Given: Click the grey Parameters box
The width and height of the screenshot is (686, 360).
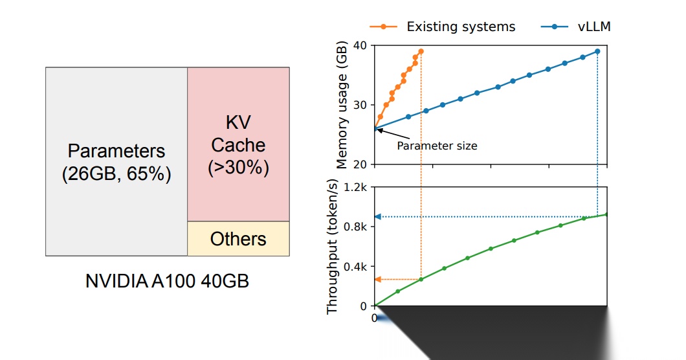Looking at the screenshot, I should point(116,162).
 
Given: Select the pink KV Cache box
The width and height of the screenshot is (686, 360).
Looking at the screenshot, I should point(238,144).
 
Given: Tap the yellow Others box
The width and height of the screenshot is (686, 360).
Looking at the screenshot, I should point(238,239).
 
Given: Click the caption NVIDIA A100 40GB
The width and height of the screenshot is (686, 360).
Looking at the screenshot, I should point(167,282).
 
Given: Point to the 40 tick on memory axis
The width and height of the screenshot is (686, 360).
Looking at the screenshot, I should point(360,45).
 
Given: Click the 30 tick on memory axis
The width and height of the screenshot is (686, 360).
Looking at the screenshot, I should point(360,105).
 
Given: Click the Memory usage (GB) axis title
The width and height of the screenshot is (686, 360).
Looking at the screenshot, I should point(342,104).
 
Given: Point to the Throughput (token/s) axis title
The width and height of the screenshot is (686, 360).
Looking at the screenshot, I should point(333,247).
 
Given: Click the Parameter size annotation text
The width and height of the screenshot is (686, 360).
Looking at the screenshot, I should point(437,146).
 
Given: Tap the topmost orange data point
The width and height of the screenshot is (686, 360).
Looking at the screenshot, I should point(421,51).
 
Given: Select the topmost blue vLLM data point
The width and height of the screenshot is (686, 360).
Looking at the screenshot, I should point(597,51).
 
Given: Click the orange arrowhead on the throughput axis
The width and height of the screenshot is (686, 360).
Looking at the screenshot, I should point(379,279).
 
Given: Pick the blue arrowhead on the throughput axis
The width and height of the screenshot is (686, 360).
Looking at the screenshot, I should point(379,216).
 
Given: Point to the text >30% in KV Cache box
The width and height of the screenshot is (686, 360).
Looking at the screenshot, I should point(238,168).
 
